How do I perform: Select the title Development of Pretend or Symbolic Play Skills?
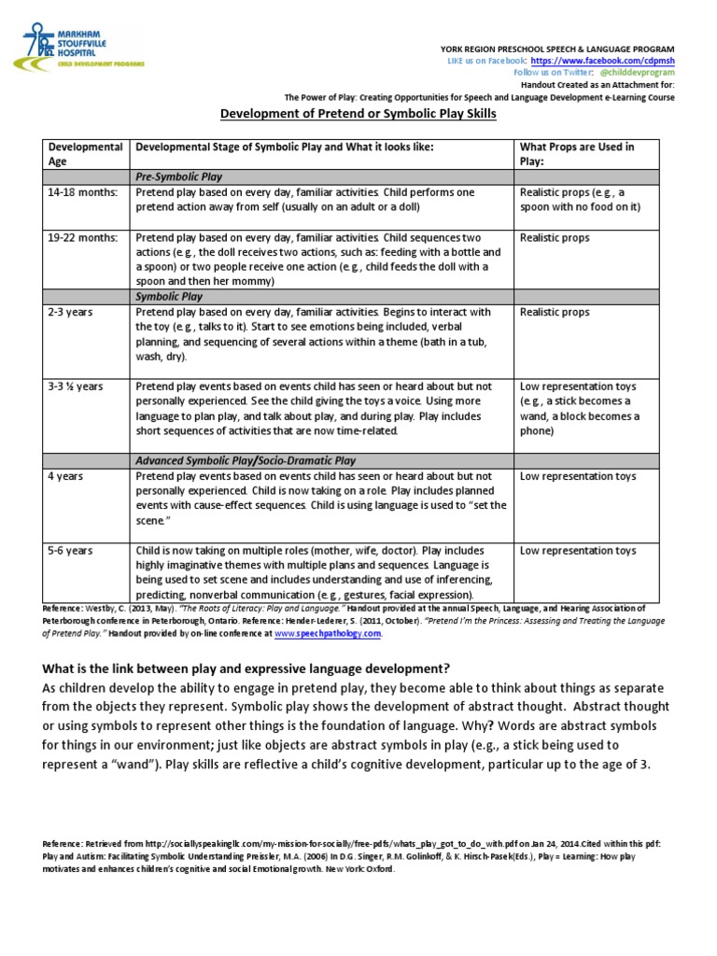coord(358,114)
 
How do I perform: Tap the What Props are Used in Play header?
coord(577,154)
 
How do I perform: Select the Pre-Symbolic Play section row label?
coord(179,176)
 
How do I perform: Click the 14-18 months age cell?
coord(83,192)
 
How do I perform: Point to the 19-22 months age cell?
coord(83,238)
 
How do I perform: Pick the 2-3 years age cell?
coord(71,312)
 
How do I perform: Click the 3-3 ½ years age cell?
coord(76,387)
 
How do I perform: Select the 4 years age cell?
coord(65,476)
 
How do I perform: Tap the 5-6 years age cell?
coord(71,551)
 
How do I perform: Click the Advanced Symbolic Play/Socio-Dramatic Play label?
coord(246,461)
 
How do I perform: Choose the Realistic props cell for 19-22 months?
coord(555,238)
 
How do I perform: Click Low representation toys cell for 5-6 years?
coord(578,551)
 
